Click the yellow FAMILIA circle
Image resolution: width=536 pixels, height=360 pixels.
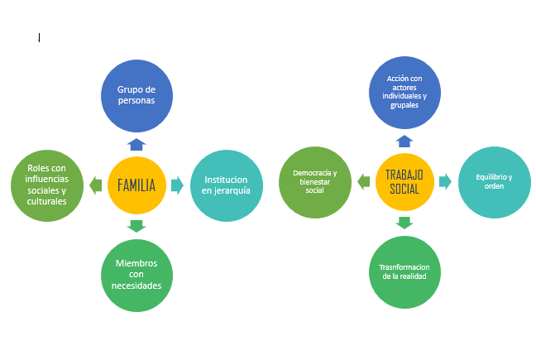click(137, 185)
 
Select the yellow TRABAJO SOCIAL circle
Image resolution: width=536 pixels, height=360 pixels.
click(404, 181)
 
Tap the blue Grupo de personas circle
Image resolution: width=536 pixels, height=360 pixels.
click(136, 95)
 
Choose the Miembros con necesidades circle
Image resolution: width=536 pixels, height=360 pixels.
click(136, 275)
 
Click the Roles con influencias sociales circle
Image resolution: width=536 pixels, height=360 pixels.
click(47, 185)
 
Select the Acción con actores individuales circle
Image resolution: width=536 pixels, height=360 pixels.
click(404, 92)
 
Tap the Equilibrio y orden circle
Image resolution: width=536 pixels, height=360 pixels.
click(494, 181)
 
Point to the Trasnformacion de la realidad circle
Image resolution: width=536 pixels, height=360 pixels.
click(404, 271)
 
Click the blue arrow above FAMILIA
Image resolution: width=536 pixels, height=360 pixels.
click(137, 143)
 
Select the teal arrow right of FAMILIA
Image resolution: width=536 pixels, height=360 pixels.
click(177, 185)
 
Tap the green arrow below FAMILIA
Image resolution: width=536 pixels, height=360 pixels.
click(137, 225)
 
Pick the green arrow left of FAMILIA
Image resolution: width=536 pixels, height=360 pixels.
click(97, 185)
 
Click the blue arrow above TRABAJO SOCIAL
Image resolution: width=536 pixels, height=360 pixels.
click(404, 141)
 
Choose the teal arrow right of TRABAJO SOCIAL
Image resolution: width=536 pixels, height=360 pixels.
click(445, 181)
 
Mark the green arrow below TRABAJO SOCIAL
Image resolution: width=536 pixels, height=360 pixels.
click(404, 222)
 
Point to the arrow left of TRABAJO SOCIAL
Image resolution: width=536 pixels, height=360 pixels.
click(363, 181)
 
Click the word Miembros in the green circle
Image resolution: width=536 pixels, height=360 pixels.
click(136, 263)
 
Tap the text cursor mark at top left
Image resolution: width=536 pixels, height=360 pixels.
click(39, 37)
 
